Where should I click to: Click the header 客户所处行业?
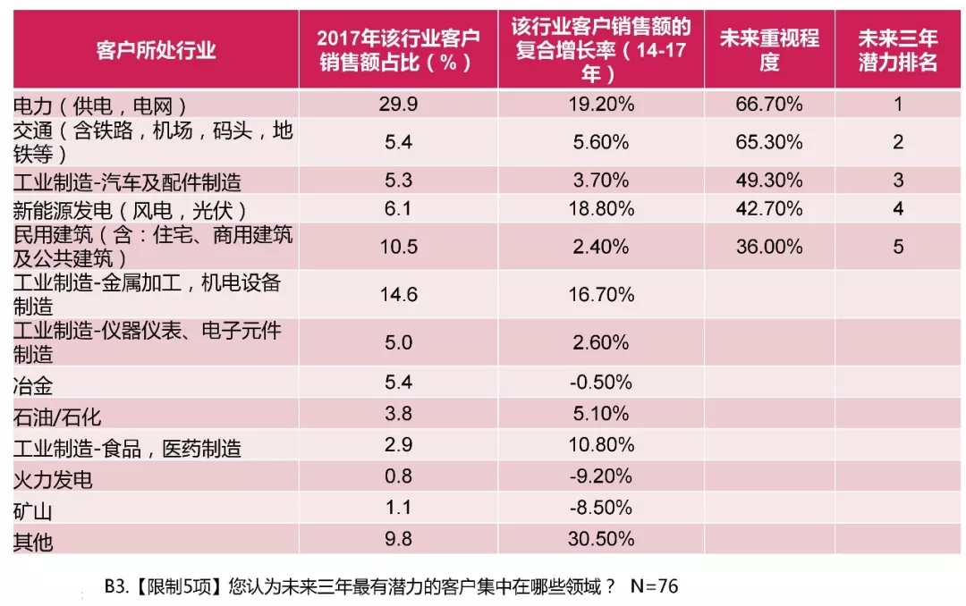[x=157, y=49]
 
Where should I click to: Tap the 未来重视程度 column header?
[x=769, y=50]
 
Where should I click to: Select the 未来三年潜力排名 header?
[x=898, y=50]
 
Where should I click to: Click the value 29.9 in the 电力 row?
[x=398, y=104]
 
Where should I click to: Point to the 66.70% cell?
[x=769, y=104]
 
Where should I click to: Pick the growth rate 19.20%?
[x=601, y=104]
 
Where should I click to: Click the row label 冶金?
[x=34, y=387]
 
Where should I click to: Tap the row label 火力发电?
[x=54, y=479]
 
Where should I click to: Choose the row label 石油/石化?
[x=57, y=417]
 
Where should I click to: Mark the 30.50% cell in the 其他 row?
[x=601, y=539]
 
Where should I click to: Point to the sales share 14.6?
[x=398, y=294]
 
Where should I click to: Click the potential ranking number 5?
[x=898, y=248]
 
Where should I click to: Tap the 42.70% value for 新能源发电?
[x=769, y=209]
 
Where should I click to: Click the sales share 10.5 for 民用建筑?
[x=398, y=248]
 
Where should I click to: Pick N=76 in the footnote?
[x=655, y=587]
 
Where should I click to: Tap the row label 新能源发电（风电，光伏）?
[x=131, y=210]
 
